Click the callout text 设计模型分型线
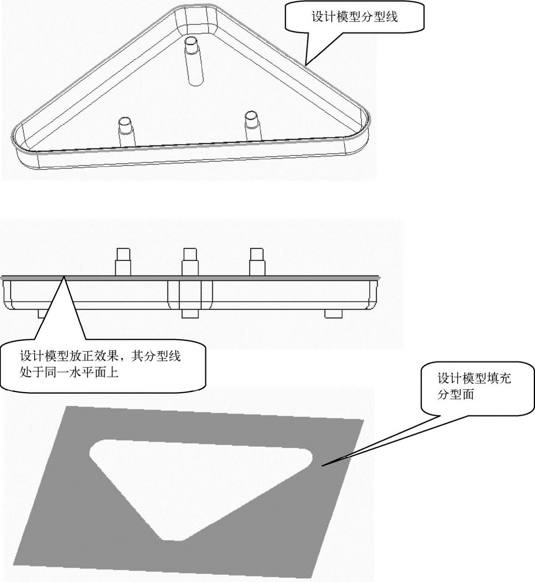coord(355,17)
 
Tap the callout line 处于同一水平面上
coord(69,372)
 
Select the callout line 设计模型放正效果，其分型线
coord(100,356)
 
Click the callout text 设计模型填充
coord(474,378)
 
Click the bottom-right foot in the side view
coord(333,314)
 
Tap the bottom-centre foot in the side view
coord(190,314)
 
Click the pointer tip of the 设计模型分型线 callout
coord(306,65)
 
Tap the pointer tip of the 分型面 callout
coord(323,465)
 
